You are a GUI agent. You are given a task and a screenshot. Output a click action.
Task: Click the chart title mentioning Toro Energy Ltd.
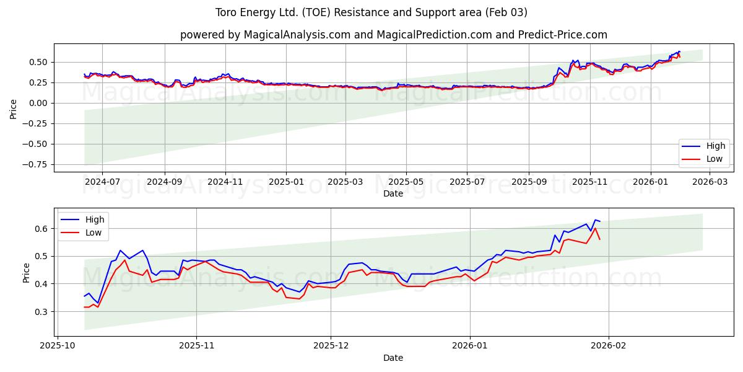[371, 12]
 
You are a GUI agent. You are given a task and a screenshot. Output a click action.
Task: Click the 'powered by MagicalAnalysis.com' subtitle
[393, 35]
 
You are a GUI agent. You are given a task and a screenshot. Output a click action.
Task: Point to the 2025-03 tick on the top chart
[345, 182]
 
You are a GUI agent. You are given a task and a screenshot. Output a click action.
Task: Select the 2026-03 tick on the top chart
[710, 182]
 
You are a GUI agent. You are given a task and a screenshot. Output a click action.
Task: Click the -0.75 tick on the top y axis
[37, 164]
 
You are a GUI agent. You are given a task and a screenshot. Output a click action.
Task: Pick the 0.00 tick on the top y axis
[38, 103]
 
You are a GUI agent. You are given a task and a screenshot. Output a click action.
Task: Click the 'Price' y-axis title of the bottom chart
[26, 272]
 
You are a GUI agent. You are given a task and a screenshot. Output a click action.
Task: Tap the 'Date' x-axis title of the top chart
[393, 193]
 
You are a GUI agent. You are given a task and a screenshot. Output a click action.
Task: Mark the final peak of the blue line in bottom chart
[595, 220]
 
